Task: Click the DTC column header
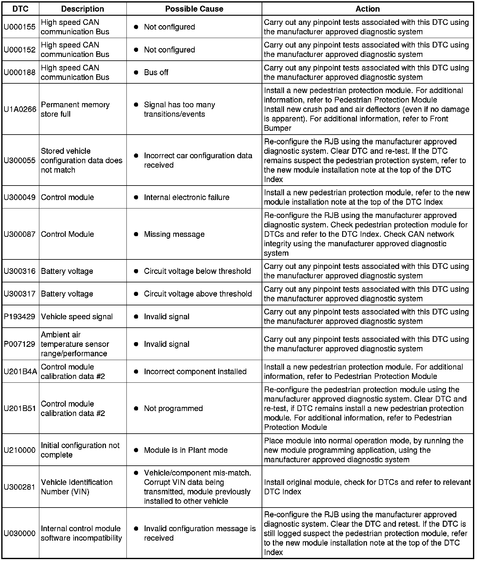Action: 20,9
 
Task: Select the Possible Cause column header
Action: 194,9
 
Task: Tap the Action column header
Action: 367,9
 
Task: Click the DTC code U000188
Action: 20,72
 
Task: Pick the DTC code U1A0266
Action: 20,109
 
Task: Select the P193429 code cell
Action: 19,317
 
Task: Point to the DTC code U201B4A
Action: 20,372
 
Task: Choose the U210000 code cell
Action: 19,450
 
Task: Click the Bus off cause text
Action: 156,72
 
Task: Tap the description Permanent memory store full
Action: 75,109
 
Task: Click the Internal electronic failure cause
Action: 186,197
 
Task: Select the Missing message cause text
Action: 174,234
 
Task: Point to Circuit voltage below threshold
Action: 197,271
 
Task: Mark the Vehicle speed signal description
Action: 77,317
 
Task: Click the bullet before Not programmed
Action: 136,408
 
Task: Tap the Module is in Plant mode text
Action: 186,450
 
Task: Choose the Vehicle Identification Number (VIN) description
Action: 77,487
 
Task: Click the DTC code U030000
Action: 19,533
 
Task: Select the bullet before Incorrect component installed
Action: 136,372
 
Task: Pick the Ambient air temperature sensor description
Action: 75,344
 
